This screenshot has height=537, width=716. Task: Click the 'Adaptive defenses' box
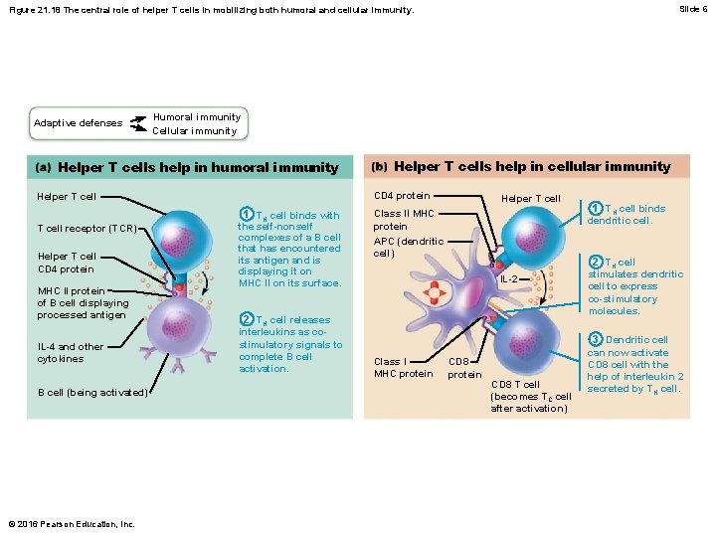tap(78, 123)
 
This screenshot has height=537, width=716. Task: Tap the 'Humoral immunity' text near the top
tap(196, 116)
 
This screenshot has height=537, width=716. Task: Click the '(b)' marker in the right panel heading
tap(379, 166)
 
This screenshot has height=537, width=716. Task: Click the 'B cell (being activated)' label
tap(92, 392)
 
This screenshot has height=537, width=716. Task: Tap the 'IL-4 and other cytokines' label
tap(70, 353)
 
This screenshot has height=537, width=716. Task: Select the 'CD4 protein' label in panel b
tap(401, 195)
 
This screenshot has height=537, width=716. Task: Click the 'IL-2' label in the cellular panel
tap(507, 279)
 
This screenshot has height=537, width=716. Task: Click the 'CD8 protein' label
tap(464, 368)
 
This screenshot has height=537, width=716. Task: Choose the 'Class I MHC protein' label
tap(403, 368)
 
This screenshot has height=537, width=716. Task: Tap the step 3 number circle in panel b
tap(596, 339)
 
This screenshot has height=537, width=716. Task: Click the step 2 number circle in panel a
tap(246, 319)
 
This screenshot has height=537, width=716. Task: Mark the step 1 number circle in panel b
tap(596, 209)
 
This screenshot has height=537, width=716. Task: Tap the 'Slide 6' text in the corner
tap(693, 9)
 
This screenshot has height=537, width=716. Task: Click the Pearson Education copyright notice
tap(70, 524)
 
